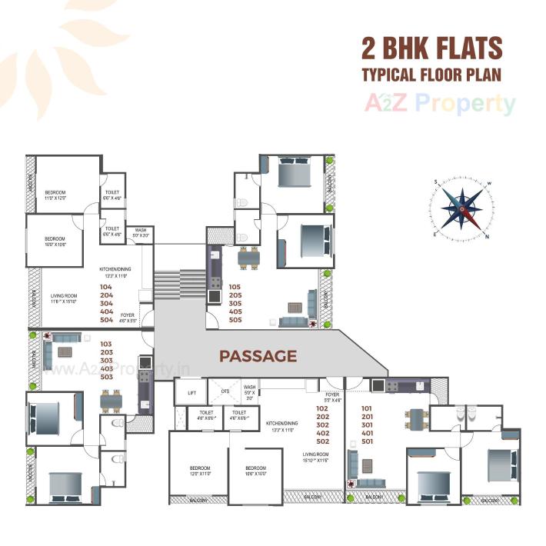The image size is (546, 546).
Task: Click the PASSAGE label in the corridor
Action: click(258, 356)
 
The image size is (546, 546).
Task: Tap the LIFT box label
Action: click(191, 392)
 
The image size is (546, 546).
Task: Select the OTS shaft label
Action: click(225, 391)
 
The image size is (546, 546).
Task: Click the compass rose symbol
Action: click(461, 208)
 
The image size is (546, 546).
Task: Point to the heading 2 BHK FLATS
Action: click(431, 48)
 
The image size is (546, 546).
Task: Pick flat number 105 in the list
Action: click(235, 287)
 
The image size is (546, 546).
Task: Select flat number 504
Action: click(106, 319)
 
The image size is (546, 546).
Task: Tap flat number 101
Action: click(366, 408)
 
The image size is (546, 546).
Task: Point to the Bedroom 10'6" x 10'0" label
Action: click(255, 471)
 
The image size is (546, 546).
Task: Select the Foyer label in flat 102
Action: click(332, 398)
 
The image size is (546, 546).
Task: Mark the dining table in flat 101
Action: click(415, 418)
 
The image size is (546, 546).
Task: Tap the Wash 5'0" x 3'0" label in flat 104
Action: click(141, 232)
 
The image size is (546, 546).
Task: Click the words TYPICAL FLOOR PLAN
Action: click(431, 76)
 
